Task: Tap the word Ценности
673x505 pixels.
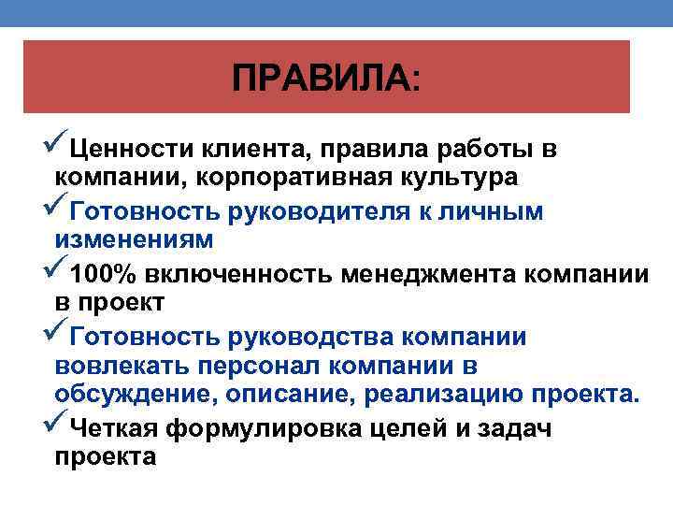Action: tap(130, 150)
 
